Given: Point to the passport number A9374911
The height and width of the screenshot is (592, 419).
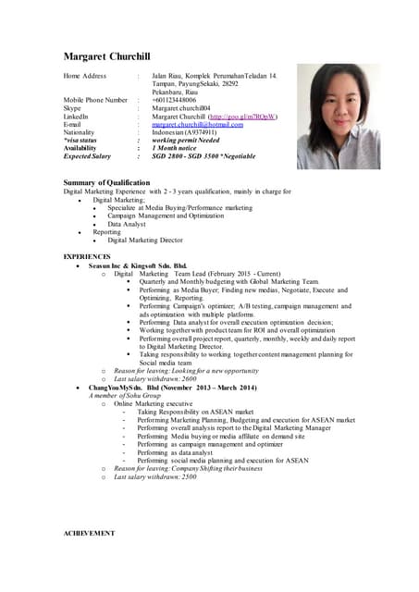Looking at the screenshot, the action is click(218, 133).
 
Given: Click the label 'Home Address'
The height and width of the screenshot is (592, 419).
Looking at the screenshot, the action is click(85, 75).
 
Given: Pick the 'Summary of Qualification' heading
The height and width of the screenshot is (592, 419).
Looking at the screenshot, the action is click(106, 183).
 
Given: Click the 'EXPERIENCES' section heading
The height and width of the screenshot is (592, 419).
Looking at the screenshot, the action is click(87, 255).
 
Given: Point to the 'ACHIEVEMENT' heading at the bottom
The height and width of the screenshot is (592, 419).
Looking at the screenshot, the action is click(89, 534).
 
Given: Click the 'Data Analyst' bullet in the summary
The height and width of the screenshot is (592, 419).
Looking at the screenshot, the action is click(127, 225).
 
